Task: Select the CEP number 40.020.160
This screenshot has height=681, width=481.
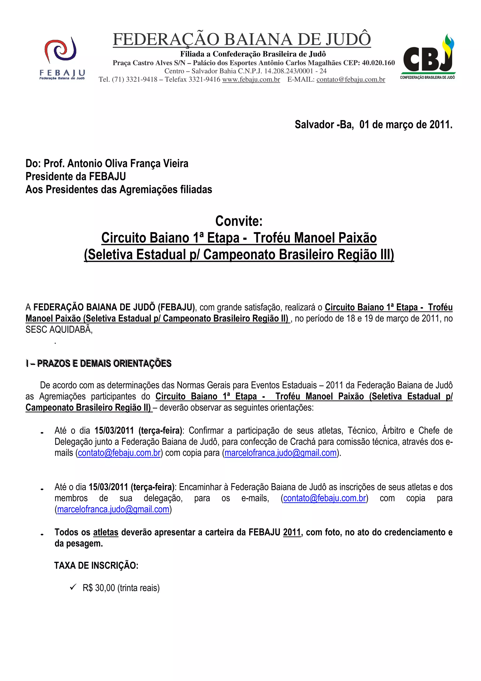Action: coord(378,63)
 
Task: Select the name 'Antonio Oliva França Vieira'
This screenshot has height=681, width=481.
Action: coord(128,163)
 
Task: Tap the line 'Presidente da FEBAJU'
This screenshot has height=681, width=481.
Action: coord(76,176)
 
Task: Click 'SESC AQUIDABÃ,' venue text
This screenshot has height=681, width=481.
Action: coord(59,329)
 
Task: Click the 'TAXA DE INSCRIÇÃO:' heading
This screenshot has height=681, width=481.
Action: coord(96,566)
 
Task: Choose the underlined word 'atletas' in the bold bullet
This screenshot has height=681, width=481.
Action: coord(105,532)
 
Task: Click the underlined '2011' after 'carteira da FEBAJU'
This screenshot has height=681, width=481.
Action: coord(292,532)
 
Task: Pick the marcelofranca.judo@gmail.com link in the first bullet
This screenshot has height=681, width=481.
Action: coord(280,453)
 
